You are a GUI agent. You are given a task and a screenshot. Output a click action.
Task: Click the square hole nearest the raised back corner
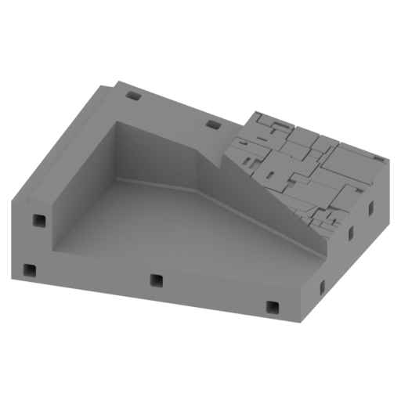(133, 96)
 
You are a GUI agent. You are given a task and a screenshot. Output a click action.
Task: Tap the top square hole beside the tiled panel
(212, 124)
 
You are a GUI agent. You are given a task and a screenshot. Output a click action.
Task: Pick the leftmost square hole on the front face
(29, 270)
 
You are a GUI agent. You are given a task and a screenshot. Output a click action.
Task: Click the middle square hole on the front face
(156, 280)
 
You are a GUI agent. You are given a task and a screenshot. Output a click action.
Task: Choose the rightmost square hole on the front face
(272, 307)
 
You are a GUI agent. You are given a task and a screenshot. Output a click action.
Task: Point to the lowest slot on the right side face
(322, 287)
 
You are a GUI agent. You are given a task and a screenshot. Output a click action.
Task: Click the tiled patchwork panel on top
(305, 161)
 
